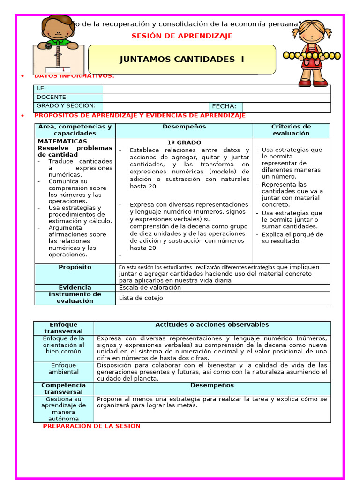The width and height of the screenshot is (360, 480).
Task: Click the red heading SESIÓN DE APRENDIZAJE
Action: click(182, 36)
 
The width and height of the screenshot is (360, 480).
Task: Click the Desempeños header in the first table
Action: click(184, 127)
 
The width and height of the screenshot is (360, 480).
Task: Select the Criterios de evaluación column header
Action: click(291, 130)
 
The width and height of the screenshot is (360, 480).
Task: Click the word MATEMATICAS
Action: click(62, 141)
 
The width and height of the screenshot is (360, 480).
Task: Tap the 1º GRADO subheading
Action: click(184, 142)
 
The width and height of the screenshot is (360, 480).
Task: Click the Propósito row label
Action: click(75, 267)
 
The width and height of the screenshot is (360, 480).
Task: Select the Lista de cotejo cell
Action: click(141, 298)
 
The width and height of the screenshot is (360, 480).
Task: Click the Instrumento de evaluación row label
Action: click(75, 298)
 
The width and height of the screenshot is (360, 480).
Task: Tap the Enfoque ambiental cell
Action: click(64, 368)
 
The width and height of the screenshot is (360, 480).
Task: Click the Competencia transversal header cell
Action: click(64, 389)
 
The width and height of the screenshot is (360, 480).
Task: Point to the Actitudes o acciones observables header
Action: click(212, 325)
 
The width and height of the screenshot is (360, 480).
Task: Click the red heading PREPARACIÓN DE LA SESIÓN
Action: click(91, 426)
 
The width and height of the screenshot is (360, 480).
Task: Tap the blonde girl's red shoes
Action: click(313, 83)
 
